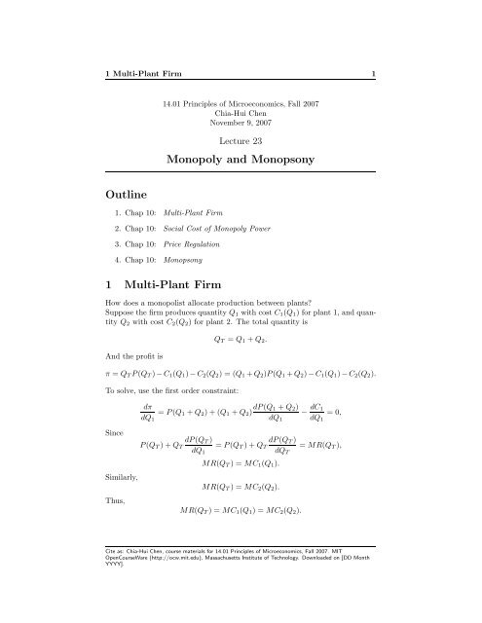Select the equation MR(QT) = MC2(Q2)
pyautogui.click(x=240, y=484)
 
